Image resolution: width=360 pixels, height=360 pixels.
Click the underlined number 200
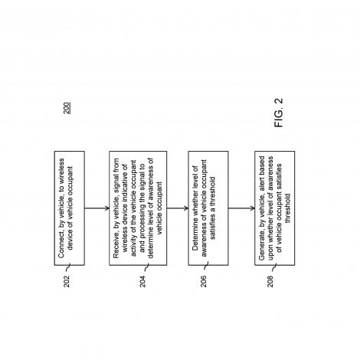(x=67, y=108)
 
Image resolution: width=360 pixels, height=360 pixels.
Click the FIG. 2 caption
(x=279, y=113)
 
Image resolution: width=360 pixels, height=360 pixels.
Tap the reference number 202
(x=67, y=281)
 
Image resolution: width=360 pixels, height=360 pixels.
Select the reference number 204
(x=142, y=281)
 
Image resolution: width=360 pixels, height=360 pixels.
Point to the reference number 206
(x=204, y=281)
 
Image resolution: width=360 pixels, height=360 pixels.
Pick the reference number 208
(x=270, y=281)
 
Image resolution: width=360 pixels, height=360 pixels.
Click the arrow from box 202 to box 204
(x=97, y=208)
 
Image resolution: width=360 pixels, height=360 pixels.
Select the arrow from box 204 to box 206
(x=178, y=208)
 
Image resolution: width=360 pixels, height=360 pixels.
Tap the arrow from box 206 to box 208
(x=241, y=208)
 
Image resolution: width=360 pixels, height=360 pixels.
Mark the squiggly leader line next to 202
(x=67, y=267)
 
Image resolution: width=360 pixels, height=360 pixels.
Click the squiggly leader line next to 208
(x=274, y=267)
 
